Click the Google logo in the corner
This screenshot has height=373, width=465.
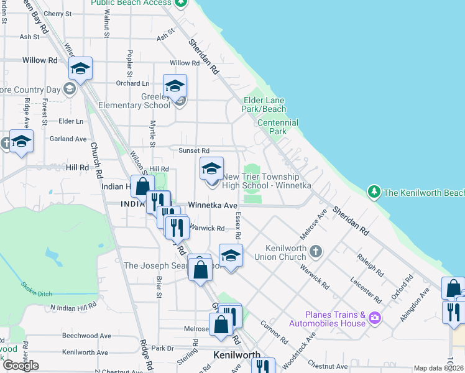(x=21, y=366)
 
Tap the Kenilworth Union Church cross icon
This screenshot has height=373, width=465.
(x=316, y=251)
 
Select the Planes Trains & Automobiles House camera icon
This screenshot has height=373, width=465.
(x=374, y=319)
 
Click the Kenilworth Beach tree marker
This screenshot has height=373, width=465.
(x=374, y=192)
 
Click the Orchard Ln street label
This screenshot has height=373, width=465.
(x=132, y=83)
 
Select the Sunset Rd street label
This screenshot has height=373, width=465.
(x=194, y=150)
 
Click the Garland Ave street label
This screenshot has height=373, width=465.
(x=68, y=139)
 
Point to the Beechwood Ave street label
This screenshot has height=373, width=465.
(x=87, y=335)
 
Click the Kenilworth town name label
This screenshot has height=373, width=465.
(x=236, y=355)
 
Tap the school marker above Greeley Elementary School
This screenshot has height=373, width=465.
(x=175, y=86)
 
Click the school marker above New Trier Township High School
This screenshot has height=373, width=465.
(x=211, y=168)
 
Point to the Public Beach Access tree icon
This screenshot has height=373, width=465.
(x=180, y=2)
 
